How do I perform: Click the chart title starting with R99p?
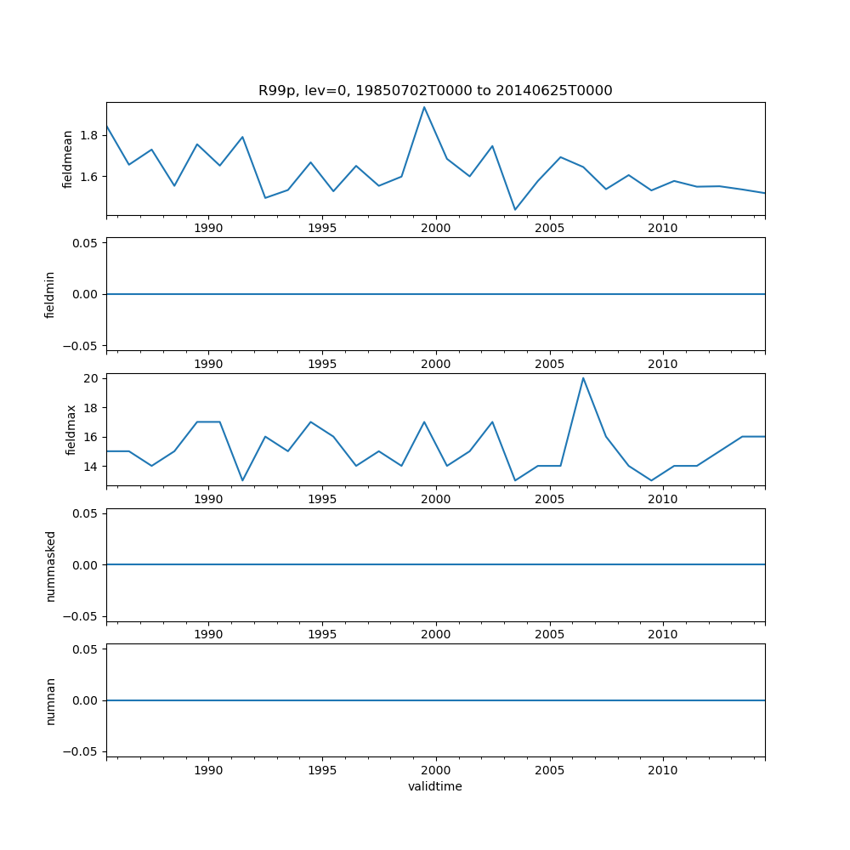pyautogui.click(x=435, y=91)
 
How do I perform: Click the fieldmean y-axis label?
pyautogui.click(x=68, y=159)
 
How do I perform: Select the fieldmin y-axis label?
pyautogui.click(x=50, y=294)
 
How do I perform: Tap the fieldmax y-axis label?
pyautogui.click(x=72, y=429)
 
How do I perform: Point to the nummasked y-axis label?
pyautogui.click(x=50, y=565)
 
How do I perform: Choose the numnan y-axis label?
pyautogui.click(x=50, y=700)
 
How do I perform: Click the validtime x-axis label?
pyautogui.click(x=435, y=786)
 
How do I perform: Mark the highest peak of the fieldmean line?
pyautogui.click(x=424, y=107)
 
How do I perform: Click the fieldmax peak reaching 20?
pyautogui.click(x=583, y=378)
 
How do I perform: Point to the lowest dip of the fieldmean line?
pyautogui.click(x=515, y=210)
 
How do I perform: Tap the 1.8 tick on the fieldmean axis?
pyautogui.click(x=88, y=135)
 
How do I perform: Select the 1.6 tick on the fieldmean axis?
pyautogui.click(x=88, y=177)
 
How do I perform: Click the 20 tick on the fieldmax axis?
pyautogui.click(x=91, y=378)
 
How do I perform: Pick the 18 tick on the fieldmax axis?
pyautogui.click(x=91, y=408)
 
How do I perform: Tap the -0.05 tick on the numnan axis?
pyautogui.click(x=82, y=751)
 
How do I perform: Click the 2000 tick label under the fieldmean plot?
pyautogui.click(x=435, y=228)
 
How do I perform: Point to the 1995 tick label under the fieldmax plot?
pyautogui.click(x=322, y=499)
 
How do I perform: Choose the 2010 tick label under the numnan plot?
pyautogui.click(x=663, y=770)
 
